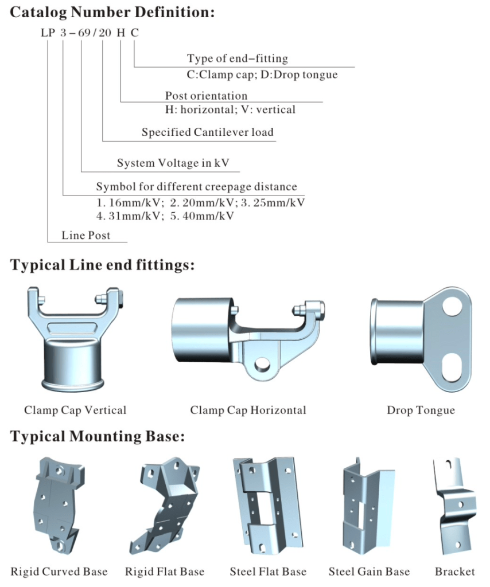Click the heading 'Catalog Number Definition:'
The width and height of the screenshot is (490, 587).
pos(112,12)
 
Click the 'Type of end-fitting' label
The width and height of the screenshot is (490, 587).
pos(237,58)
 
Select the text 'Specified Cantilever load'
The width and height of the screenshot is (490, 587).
pos(208,132)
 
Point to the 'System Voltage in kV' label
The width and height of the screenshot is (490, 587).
pos(173,163)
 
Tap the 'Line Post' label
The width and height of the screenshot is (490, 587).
pos(86,235)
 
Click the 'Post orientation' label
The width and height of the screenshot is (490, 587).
pos(206,96)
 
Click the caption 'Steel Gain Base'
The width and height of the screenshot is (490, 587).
pos(369,572)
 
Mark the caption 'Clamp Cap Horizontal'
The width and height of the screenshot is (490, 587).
pos(248,410)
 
